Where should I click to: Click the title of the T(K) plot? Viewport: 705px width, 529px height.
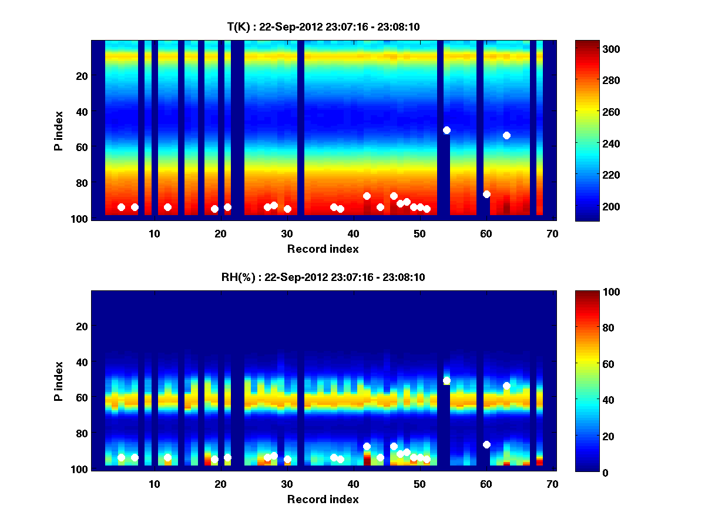tap(323, 26)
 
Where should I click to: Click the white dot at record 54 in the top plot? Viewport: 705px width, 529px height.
tap(446, 130)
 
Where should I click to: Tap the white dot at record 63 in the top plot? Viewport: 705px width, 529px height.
tap(506, 135)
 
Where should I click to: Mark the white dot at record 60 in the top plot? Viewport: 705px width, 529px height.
tap(486, 194)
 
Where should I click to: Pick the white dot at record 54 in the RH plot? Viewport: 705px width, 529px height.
tap(446, 380)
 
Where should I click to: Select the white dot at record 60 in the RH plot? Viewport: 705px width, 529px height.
tap(486, 444)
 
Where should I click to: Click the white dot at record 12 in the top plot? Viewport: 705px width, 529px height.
tap(167, 207)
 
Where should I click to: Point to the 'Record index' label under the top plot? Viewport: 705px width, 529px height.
tap(323, 249)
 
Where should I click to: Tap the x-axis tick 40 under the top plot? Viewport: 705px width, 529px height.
tap(353, 233)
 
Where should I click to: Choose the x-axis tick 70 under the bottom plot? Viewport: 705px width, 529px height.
tap(552, 484)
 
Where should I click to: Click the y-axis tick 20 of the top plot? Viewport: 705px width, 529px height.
tap(81, 76)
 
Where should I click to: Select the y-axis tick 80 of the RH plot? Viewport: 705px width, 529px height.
tap(81, 434)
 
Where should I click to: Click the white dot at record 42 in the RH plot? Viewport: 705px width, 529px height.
tap(367, 446)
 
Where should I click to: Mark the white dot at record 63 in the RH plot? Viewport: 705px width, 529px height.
tap(506, 386)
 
